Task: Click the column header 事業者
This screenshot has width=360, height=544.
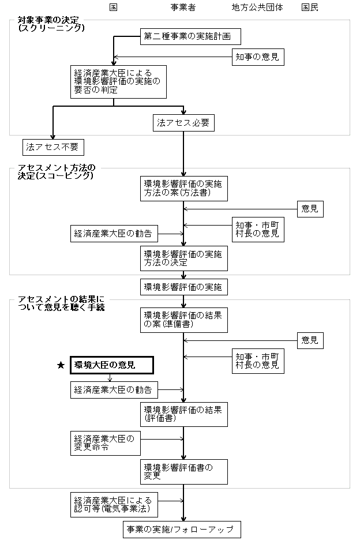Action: click(x=183, y=7)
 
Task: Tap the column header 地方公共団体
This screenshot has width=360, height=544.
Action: click(x=257, y=7)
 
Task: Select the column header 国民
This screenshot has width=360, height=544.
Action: click(x=310, y=7)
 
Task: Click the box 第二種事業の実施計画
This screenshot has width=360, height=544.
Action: click(x=191, y=36)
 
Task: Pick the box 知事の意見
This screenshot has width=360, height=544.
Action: click(x=258, y=57)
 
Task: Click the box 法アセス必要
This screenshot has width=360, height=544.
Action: click(x=184, y=123)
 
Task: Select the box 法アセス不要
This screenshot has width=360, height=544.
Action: click(x=54, y=147)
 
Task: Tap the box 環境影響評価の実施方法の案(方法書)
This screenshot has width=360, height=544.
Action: click(x=184, y=189)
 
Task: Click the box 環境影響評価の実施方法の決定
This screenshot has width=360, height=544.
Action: click(x=184, y=258)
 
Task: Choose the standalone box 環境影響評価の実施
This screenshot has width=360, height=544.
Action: click(x=184, y=287)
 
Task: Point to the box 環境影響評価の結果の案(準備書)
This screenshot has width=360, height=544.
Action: click(x=184, y=320)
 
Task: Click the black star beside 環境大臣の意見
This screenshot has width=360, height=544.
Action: click(x=61, y=365)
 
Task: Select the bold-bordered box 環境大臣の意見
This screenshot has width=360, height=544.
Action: click(x=112, y=365)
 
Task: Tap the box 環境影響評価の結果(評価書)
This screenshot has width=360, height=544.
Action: click(x=184, y=414)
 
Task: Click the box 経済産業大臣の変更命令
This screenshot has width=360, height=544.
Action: click(x=106, y=444)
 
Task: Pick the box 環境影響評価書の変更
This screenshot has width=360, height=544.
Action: click(x=184, y=472)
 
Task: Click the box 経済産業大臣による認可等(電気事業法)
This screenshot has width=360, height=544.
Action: click(x=114, y=505)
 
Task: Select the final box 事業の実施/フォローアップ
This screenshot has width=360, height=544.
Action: click(x=182, y=530)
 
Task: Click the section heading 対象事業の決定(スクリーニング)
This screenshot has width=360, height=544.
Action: click(x=51, y=24)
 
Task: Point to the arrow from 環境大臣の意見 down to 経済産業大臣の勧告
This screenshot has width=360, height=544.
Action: click(x=110, y=378)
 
